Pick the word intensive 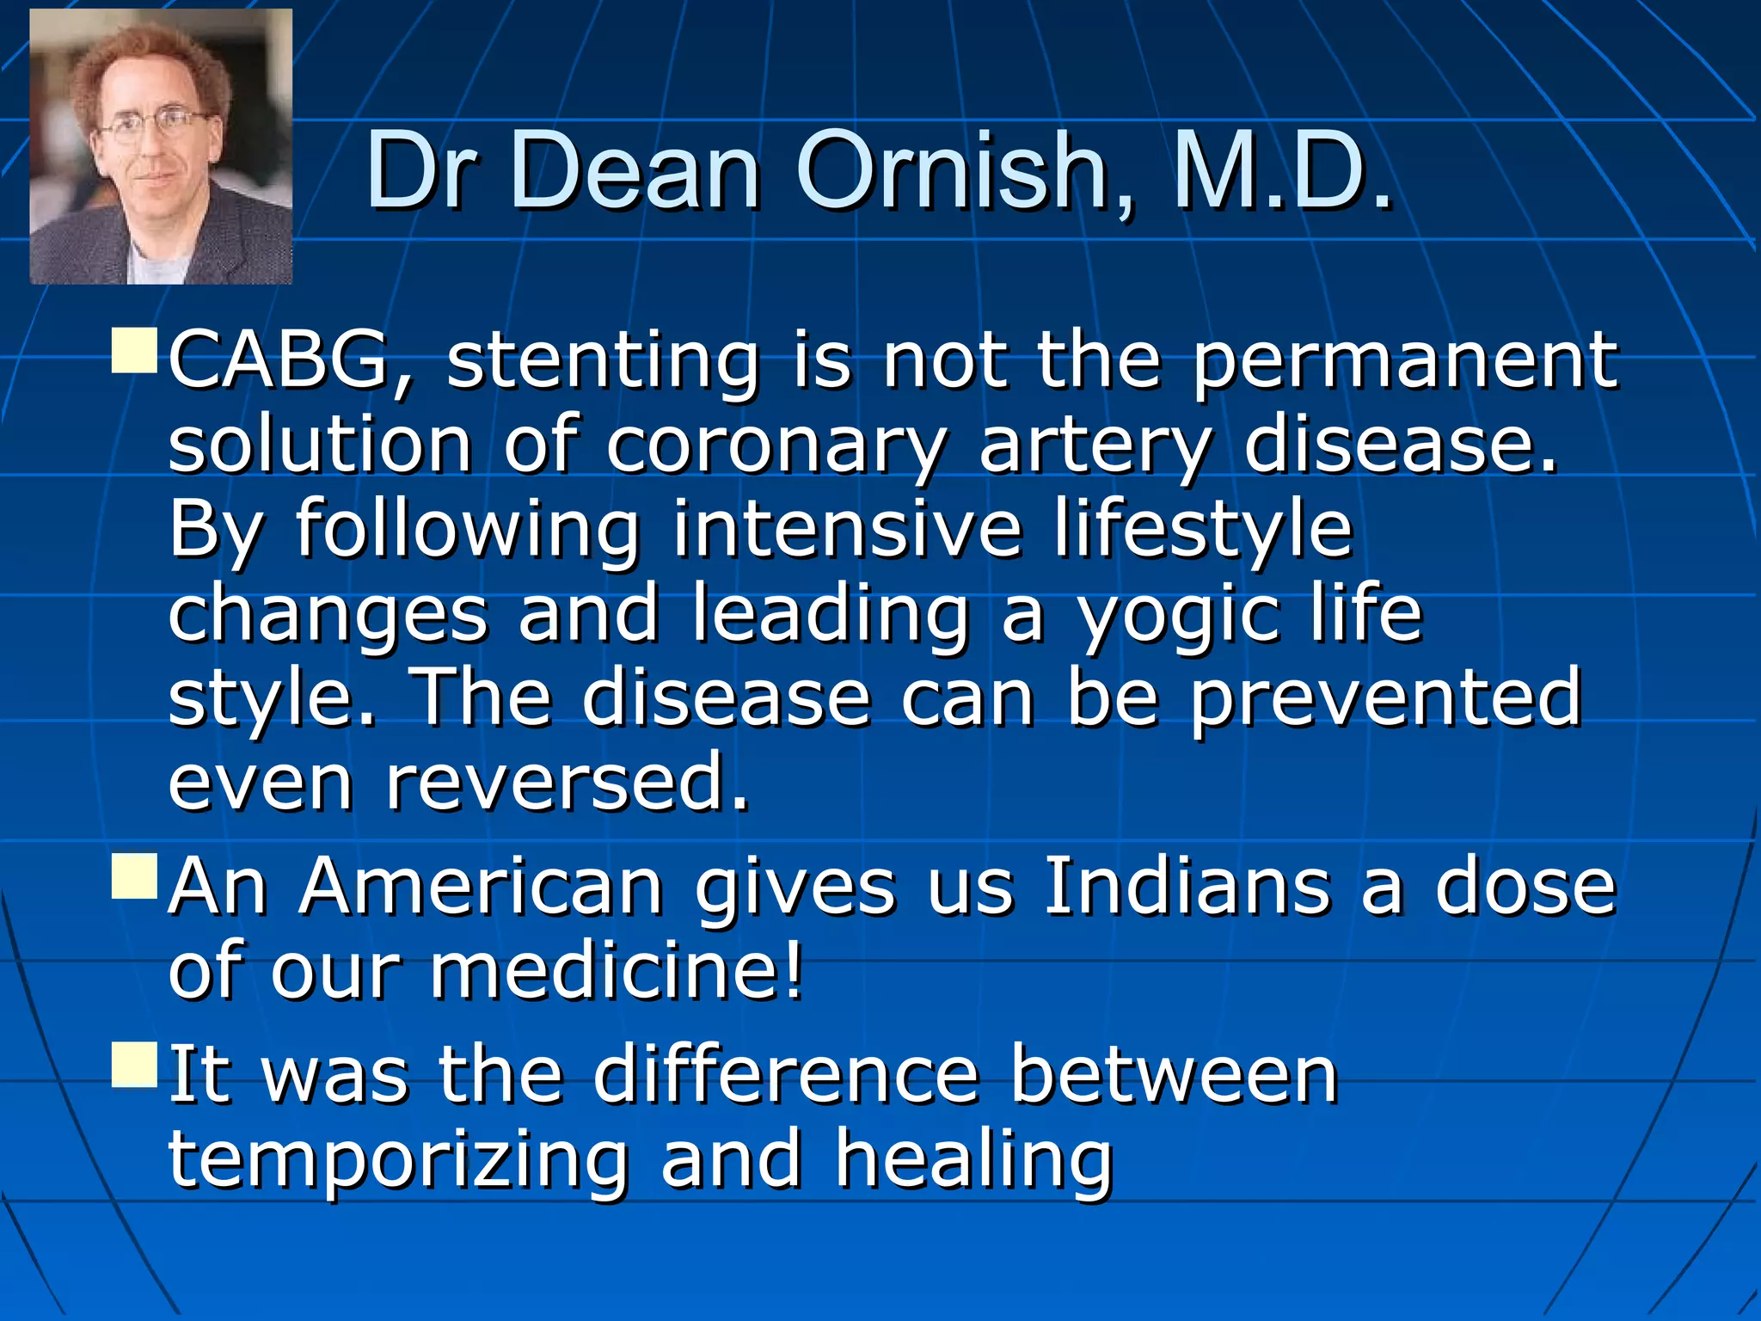coord(847,528)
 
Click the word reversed coord(568,781)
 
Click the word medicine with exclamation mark coord(617,970)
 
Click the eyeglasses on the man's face coord(153,126)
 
